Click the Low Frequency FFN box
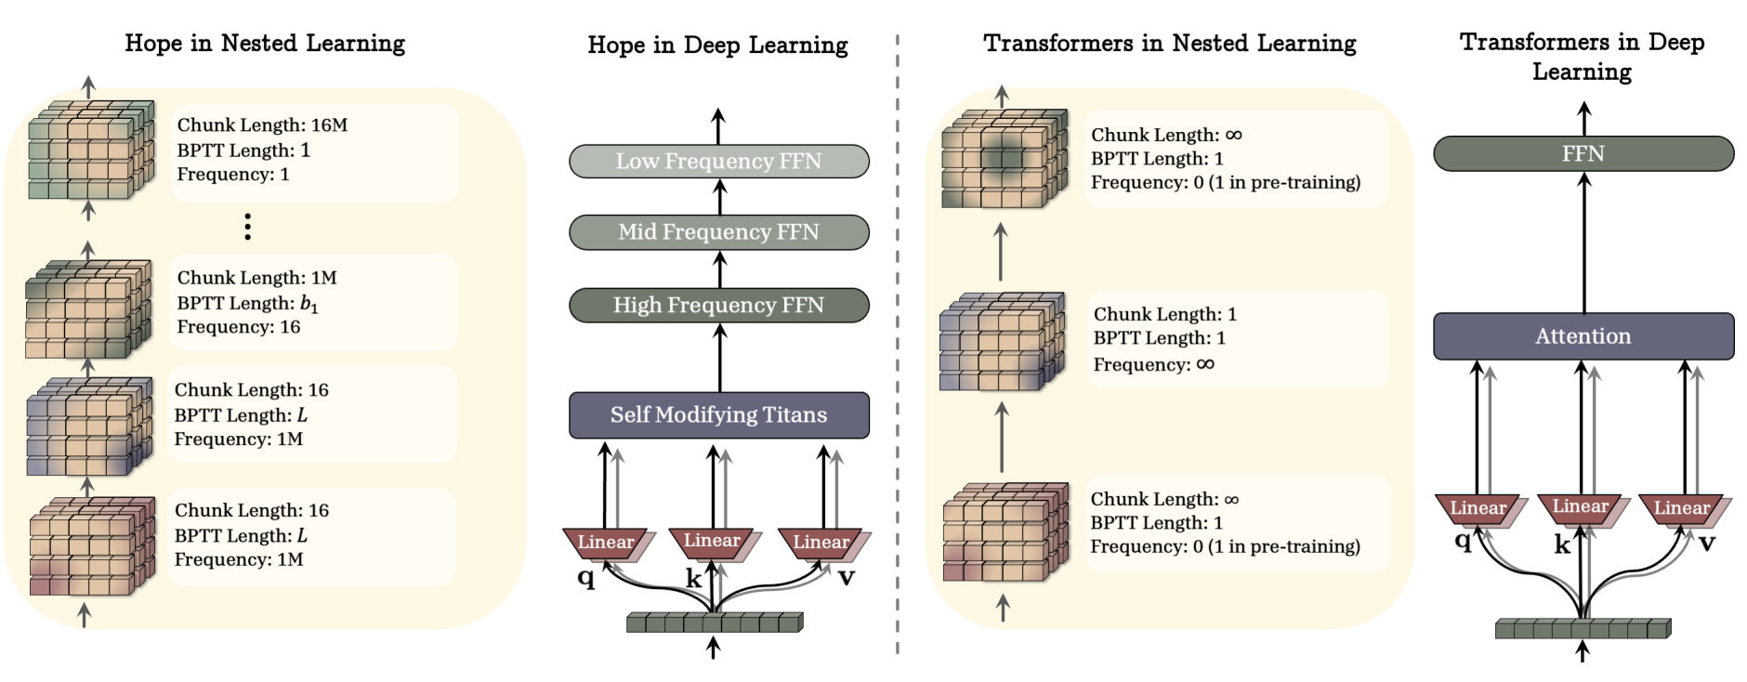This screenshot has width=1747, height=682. click(718, 162)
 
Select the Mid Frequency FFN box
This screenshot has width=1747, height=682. click(718, 232)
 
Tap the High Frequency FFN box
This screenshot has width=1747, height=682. click(718, 305)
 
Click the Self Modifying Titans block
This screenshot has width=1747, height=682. click(718, 415)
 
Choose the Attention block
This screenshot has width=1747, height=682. click(1583, 336)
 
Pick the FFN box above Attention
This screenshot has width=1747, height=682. click(1583, 154)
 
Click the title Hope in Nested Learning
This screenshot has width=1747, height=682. click(265, 44)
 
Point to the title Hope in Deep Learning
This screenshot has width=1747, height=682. click(717, 46)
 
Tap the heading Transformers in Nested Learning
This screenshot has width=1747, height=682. click(1170, 44)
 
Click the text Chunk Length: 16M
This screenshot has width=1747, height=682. click(262, 125)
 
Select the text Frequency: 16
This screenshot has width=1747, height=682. click(239, 327)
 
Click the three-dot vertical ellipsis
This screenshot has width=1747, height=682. click(247, 227)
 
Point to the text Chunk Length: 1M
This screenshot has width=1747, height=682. click(256, 278)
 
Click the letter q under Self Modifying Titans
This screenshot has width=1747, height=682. click(585, 577)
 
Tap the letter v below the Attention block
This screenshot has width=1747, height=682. click(1707, 543)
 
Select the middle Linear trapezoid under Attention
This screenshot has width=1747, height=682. click(1580, 507)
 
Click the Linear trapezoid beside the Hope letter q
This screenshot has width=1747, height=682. click(606, 543)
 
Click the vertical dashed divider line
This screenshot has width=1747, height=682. click(898, 344)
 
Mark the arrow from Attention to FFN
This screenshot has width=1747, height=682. click(1584, 242)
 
